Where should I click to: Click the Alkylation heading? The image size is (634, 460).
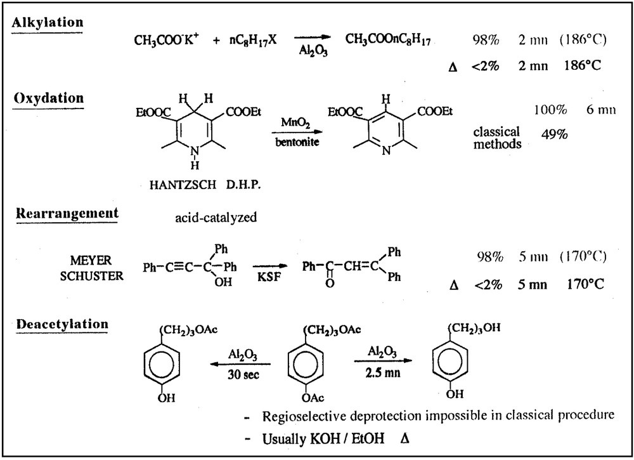[x=48, y=22]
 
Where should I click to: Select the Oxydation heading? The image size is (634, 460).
[x=48, y=98]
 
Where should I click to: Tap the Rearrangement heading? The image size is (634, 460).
[x=66, y=213]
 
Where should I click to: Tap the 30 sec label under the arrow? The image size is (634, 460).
[x=242, y=374]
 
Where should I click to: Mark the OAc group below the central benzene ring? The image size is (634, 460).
[x=311, y=398]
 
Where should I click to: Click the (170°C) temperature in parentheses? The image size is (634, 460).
[x=583, y=256]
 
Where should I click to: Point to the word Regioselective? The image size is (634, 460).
[x=304, y=416]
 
